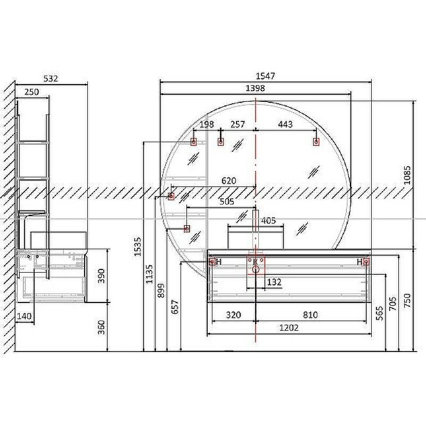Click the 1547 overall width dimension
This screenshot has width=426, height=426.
[265, 76]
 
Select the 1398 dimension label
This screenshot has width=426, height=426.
[255, 88]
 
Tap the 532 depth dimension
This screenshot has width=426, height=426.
[51, 78]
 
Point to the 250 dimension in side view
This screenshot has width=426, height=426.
[32, 92]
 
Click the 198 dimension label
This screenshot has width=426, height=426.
[207, 125]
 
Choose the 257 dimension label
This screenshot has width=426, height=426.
[237, 125]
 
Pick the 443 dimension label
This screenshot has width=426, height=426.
[285, 125]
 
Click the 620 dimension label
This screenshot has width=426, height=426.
[229, 181]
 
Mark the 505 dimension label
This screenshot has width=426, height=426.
[227, 202]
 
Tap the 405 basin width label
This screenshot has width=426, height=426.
[268, 220]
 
